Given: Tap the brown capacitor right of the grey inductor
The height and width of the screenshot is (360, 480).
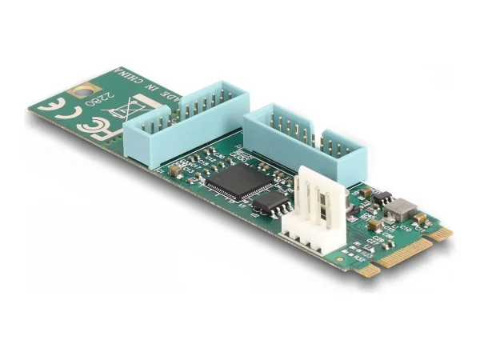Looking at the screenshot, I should pos(419,217).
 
